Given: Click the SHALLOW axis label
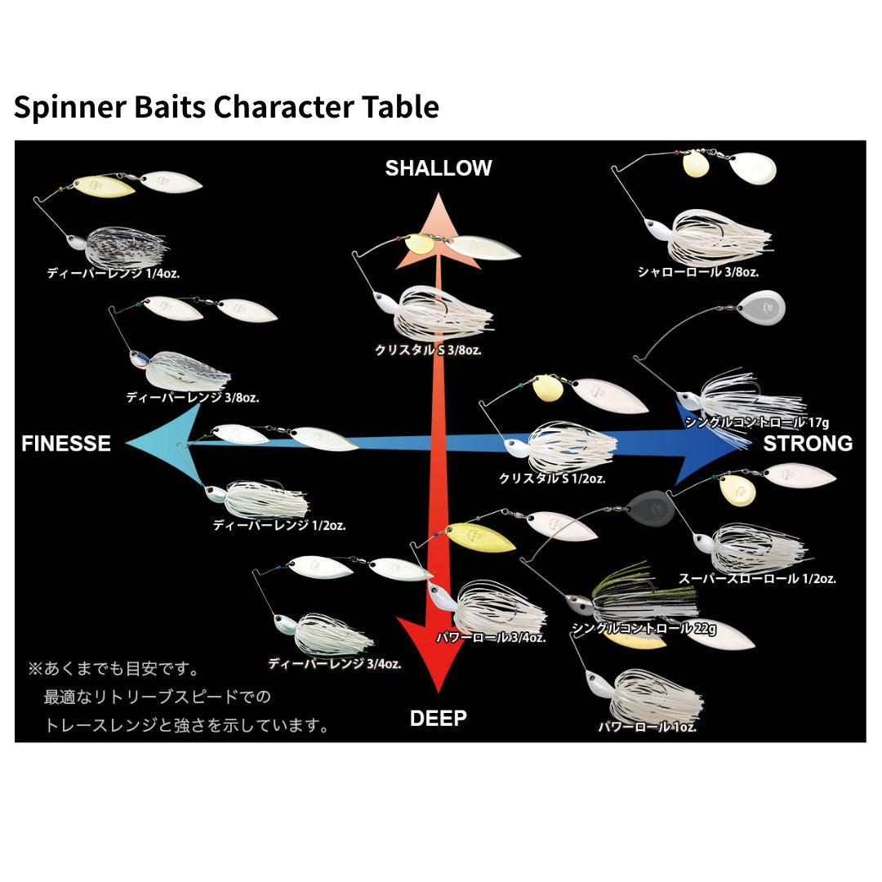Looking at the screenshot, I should (439, 168).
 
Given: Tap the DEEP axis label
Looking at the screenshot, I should (439, 719).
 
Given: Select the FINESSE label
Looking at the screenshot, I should (66, 443).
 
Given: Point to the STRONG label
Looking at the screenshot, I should (808, 443).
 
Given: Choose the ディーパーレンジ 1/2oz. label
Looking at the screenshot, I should (279, 525).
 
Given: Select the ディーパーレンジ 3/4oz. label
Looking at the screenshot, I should (335, 664).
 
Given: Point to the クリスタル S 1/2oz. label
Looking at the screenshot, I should (552, 479).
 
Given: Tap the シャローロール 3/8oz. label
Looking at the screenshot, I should (704, 272).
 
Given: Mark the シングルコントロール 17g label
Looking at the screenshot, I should (757, 422).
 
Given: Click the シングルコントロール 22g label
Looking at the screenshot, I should (644, 629).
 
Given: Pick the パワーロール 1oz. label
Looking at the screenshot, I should (648, 727).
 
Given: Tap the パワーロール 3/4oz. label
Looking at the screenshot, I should (491, 638).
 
